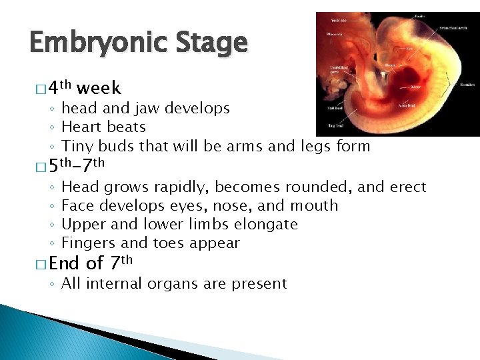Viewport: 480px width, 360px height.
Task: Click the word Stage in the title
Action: point(213,44)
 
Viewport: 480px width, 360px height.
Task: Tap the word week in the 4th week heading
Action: point(99,88)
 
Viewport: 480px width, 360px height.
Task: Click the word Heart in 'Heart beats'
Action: point(80,127)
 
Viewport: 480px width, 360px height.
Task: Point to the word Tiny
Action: point(77,145)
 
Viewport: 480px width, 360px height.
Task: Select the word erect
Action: point(407,187)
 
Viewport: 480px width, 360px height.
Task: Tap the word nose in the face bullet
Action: point(230,206)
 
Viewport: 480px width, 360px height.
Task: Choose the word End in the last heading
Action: point(65,263)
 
